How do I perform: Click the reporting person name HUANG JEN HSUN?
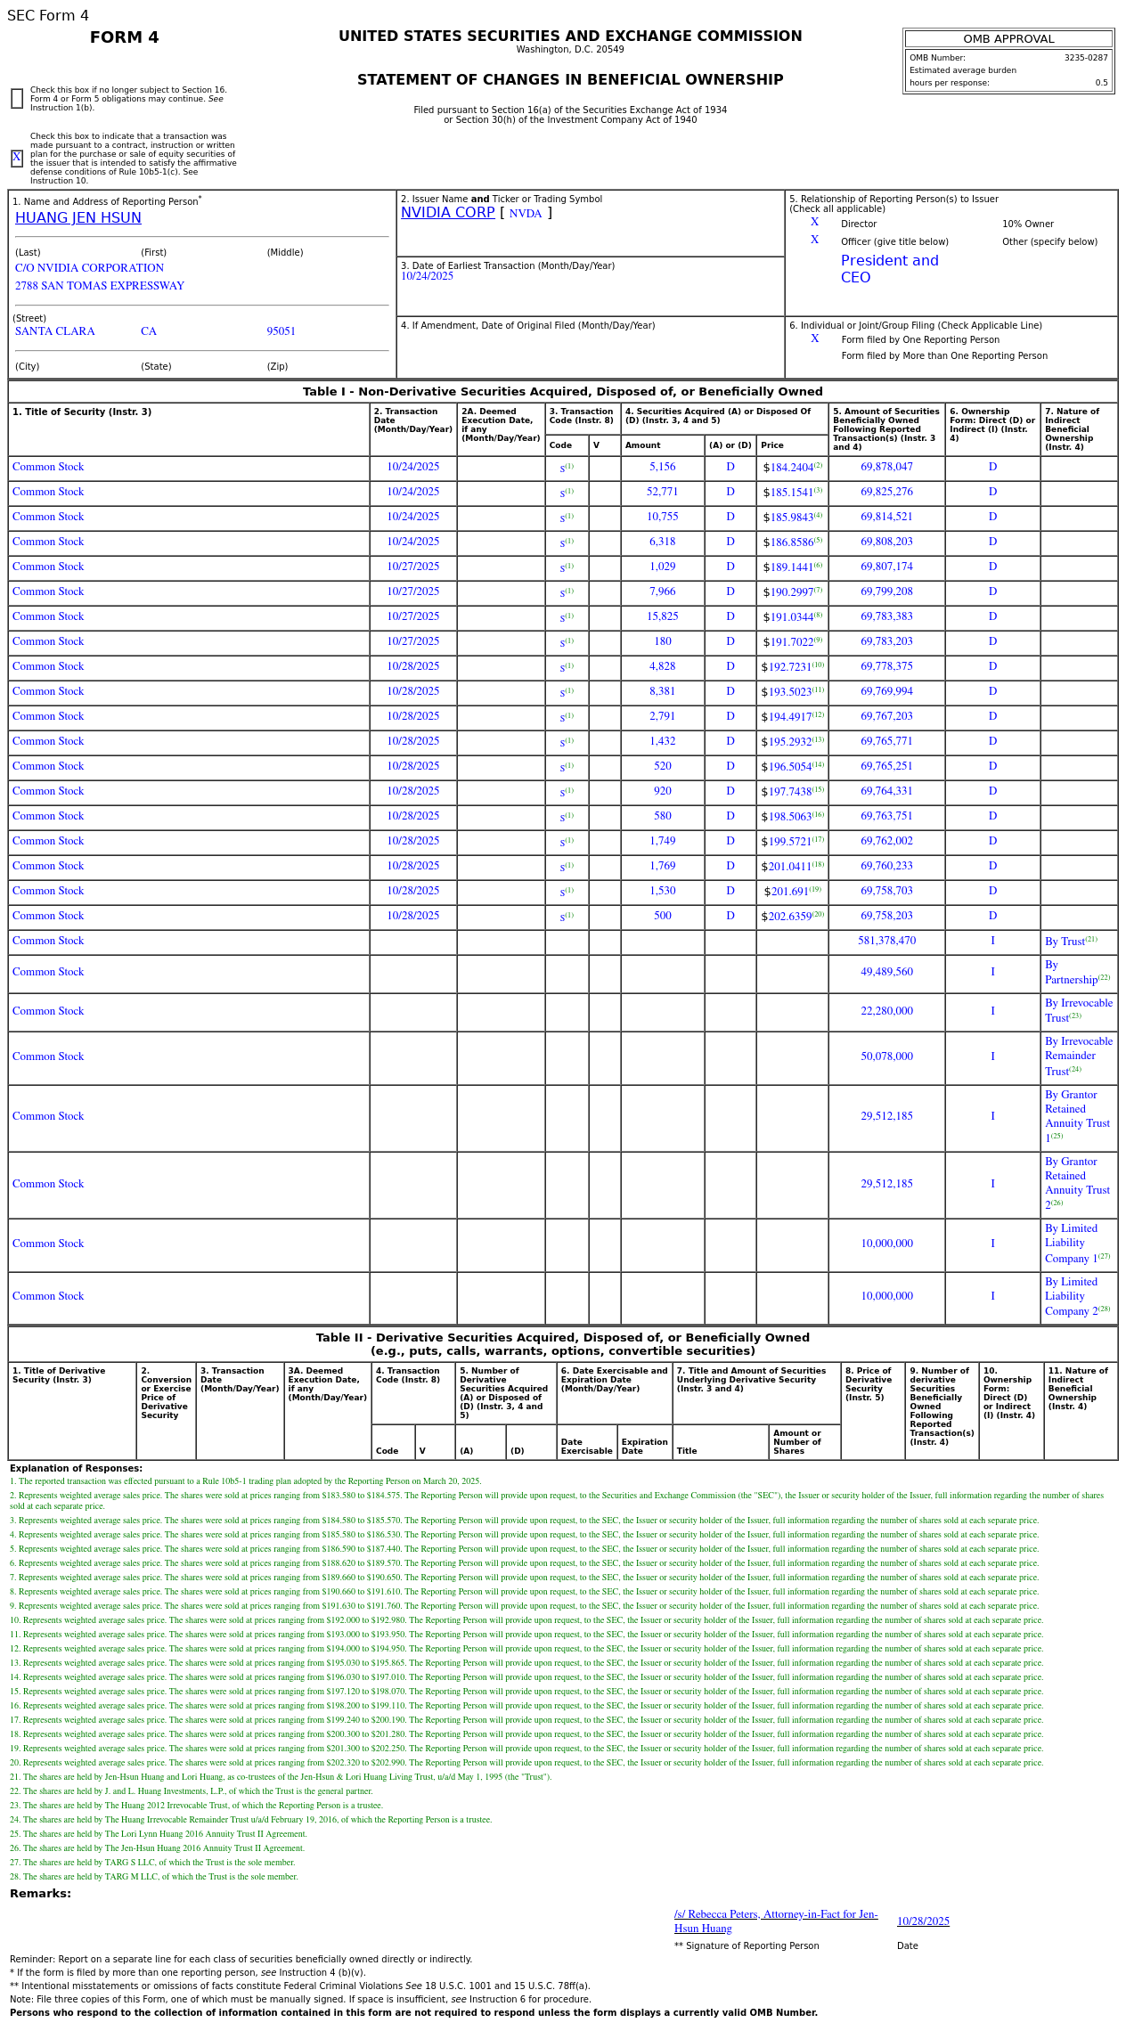[x=78, y=218]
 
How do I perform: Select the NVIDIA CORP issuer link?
[x=447, y=213]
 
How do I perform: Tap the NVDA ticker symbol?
[x=525, y=214]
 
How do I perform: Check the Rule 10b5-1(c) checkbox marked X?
[x=17, y=159]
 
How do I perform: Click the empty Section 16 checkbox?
[x=17, y=99]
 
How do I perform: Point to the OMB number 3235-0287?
[x=1085, y=58]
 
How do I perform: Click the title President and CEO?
[x=889, y=269]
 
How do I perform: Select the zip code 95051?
[x=281, y=331]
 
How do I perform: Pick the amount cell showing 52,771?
[x=662, y=492]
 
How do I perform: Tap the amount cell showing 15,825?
[x=662, y=616]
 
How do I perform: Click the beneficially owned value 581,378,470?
[x=886, y=941]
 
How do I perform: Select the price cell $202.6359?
[x=787, y=917]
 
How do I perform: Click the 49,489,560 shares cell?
[x=886, y=972]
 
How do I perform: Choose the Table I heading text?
[x=562, y=392]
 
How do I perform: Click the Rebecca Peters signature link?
[x=775, y=1921]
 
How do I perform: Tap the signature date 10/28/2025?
[x=923, y=1921]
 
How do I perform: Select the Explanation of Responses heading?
[x=76, y=1468]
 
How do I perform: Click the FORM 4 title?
[x=124, y=37]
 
